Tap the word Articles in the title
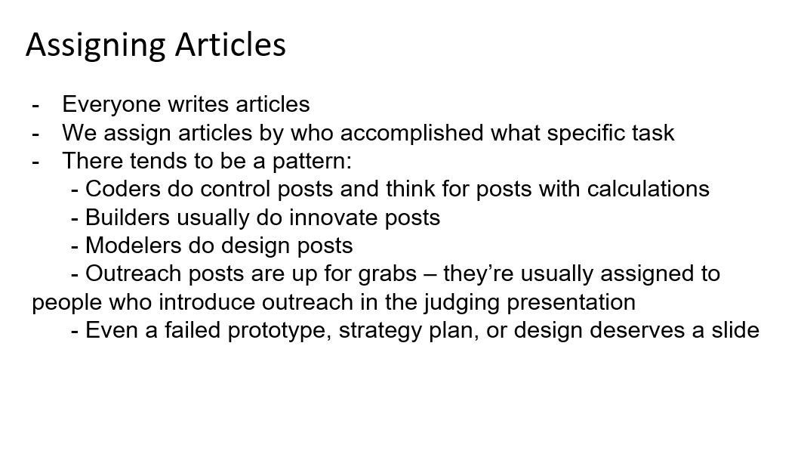(230, 45)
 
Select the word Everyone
(112, 106)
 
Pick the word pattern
(312, 161)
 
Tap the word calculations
(648, 189)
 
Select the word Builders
(127, 217)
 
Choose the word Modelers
(134, 246)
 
